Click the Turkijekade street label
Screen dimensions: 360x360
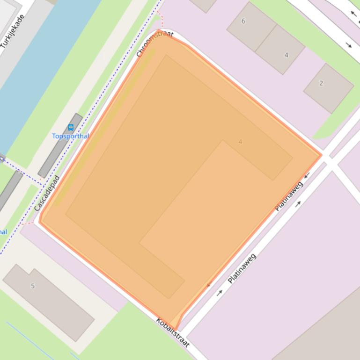tap(13, 31)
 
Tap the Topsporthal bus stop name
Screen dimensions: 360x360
tap(70, 136)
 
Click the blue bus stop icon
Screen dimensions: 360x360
tap(71, 127)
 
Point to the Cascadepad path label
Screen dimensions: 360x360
tap(47, 193)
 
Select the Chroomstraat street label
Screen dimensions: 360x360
tap(154, 44)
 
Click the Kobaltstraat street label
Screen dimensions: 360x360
tap(173, 332)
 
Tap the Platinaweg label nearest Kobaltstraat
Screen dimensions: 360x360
tap(242, 268)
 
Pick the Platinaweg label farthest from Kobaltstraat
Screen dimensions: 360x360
tap(289, 196)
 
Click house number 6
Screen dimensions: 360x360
tap(243, 21)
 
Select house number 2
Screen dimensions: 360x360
tap(321, 83)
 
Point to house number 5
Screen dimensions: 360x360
tap(33, 286)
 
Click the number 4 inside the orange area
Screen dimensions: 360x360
tap(241, 142)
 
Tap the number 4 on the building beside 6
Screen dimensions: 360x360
tap(287, 55)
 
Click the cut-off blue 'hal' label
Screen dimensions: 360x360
tap(3, 232)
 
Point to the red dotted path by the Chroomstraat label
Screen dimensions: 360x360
tap(161, 21)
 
